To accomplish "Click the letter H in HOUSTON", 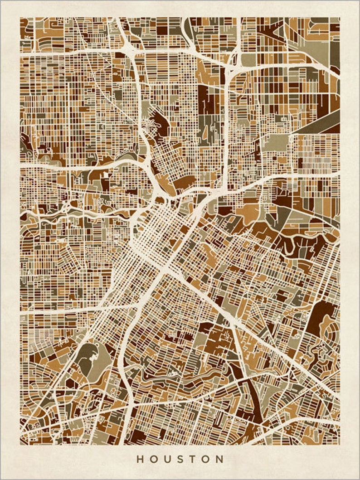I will coord(140,459).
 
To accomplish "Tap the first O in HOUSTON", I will coord(153,459).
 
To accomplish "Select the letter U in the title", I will coord(167,459).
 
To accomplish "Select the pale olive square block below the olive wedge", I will coord(281,143).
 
